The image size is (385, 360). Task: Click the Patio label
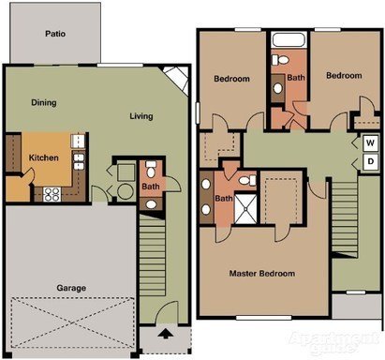55,34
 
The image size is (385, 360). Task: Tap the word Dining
44,102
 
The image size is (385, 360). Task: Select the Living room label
141,116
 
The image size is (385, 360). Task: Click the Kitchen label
44,157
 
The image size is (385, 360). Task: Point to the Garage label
71,288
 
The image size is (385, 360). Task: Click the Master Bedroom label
262,274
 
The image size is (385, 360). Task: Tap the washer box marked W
370,143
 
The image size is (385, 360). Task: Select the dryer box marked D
370,161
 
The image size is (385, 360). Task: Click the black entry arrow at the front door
165,334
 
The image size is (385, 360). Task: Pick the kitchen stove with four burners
52,194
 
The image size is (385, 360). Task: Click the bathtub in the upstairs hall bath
289,39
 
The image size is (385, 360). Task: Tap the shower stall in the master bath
245,209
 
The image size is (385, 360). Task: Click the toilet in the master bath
247,181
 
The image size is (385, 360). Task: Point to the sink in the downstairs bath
151,204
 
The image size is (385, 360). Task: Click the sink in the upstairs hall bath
277,88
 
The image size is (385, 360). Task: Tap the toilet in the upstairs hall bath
281,60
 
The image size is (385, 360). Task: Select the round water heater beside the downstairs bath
126,191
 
